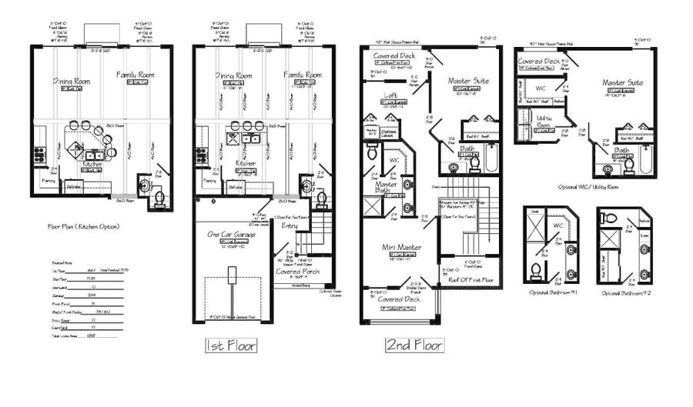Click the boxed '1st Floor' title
tap(230, 345)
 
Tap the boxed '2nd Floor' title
tap(414, 345)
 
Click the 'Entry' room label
tap(290, 225)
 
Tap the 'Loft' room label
tap(391, 96)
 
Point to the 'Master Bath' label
tap(385, 187)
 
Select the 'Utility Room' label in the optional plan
tap(545, 121)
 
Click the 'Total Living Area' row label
tap(53, 336)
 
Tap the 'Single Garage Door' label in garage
tap(232, 315)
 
